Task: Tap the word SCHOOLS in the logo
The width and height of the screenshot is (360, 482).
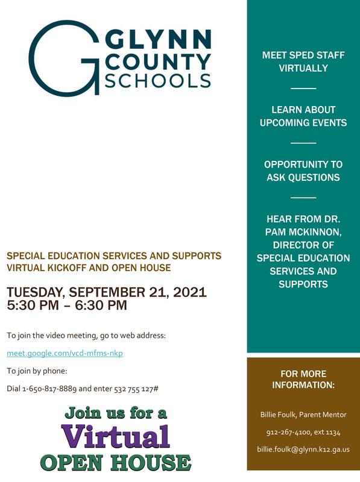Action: pyautogui.click(x=158, y=81)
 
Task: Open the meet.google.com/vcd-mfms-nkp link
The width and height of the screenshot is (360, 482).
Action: pyautogui.click(x=65, y=353)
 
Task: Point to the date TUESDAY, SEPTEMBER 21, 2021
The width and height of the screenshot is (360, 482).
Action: pyautogui.click(x=107, y=292)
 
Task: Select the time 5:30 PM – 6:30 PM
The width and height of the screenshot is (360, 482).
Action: pyautogui.click(x=66, y=305)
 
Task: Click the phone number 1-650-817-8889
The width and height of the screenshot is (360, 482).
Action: pyautogui.click(x=49, y=389)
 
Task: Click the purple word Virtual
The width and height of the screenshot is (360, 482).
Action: pyautogui.click(x=115, y=436)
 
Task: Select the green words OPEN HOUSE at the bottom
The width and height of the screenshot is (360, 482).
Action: pyautogui.click(x=115, y=462)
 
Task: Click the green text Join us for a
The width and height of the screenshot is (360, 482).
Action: pyautogui.click(x=115, y=413)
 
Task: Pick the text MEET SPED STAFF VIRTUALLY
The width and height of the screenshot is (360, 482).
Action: pyautogui.click(x=303, y=61)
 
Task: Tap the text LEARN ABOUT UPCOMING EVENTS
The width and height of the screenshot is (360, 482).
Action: pyautogui.click(x=303, y=116)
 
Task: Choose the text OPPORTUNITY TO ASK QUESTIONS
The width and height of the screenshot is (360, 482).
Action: pyautogui.click(x=303, y=171)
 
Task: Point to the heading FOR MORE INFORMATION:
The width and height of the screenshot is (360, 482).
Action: pyautogui.click(x=303, y=380)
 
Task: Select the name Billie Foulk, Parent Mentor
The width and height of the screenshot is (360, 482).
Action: pyautogui.click(x=303, y=415)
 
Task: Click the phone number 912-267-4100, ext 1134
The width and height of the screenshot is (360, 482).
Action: pyautogui.click(x=303, y=432)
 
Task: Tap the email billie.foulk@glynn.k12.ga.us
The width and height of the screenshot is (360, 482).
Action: pyautogui.click(x=303, y=449)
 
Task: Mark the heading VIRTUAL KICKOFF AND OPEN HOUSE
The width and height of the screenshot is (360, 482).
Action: pyautogui.click(x=89, y=268)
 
